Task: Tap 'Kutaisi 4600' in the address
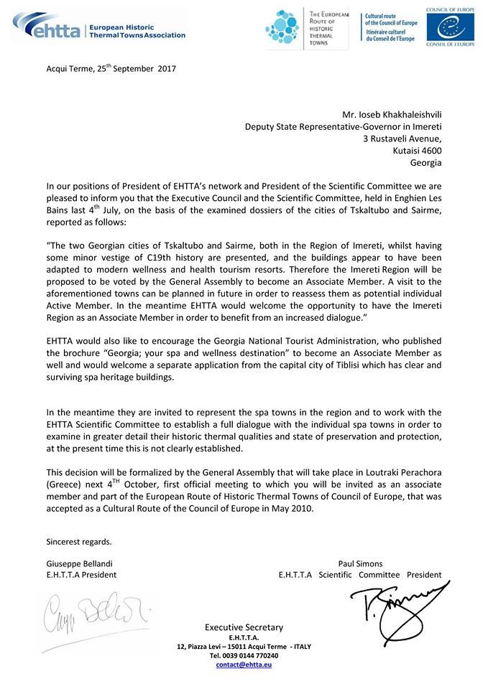[x=416, y=151]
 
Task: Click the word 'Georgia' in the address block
[x=427, y=163]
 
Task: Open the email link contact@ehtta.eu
[x=244, y=665]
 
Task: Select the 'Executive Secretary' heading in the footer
[x=244, y=627]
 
